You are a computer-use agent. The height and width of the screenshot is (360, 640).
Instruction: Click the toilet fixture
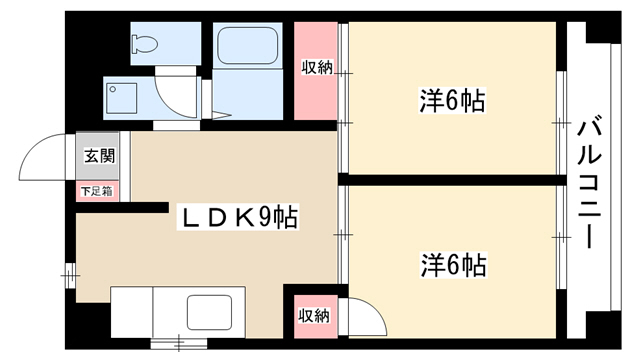point(145,43)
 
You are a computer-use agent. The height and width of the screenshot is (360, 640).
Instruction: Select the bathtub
point(248,45)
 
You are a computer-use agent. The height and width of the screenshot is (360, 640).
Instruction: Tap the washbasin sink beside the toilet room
point(121,98)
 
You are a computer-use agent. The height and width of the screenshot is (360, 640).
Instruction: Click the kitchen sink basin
point(209,312)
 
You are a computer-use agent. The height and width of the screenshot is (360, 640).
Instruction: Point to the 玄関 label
point(100,156)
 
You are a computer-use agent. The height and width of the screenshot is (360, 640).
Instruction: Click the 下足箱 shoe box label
point(97,191)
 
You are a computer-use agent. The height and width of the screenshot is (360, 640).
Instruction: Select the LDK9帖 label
point(238,217)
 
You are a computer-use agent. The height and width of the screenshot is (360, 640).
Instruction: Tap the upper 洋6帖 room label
point(452,100)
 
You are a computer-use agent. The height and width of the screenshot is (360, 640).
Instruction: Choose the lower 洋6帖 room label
point(453,265)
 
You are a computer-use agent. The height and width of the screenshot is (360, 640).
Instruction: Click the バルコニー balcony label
point(589,182)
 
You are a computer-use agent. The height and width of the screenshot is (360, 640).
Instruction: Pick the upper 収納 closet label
point(317,67)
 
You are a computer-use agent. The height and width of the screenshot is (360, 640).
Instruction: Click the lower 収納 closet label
point(314,316)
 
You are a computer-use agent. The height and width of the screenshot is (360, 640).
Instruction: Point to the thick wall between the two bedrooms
point(452,180)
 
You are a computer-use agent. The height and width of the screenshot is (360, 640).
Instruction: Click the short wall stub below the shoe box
point(122,207)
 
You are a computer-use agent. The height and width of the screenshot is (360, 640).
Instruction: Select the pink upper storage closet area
point(316,71)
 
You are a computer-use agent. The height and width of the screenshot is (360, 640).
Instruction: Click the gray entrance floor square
point(98,156)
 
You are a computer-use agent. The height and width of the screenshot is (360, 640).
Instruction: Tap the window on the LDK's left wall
point(71,276)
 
